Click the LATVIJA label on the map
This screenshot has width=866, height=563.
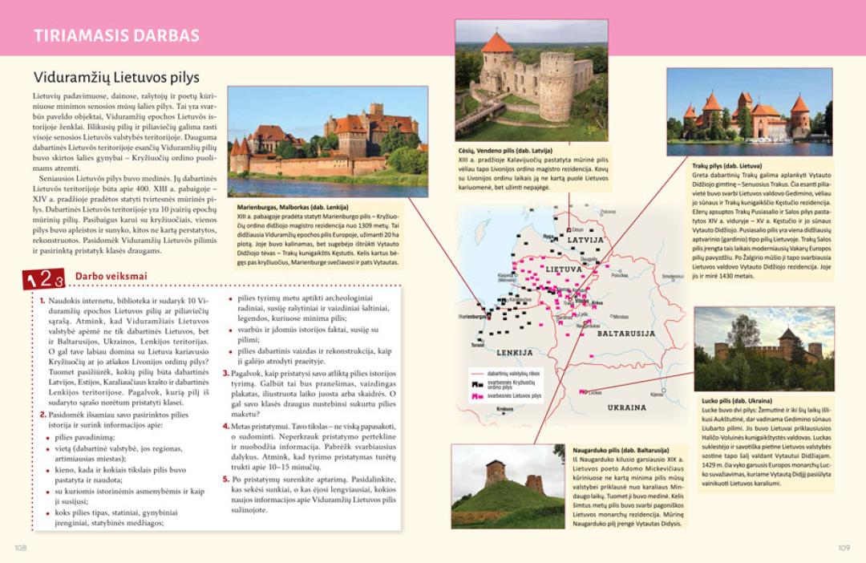pos(585,239)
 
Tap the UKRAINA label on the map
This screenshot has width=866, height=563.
pos(626,407)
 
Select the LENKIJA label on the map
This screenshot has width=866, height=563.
pos(514,352)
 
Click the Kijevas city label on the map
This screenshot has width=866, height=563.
pos(657,394)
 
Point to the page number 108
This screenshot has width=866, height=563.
pos(21,548)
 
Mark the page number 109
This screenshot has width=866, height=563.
pos(844,548)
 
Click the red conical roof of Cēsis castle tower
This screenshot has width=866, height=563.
pos(497,43)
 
